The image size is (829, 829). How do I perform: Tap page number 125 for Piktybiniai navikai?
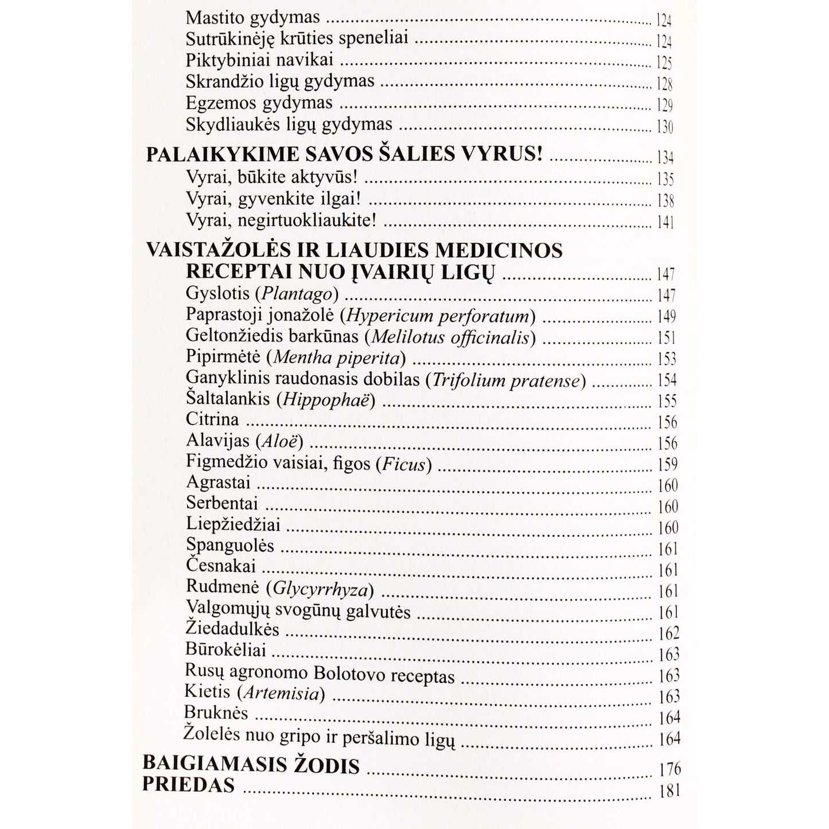664,63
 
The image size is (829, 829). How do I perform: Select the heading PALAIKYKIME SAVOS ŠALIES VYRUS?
344,155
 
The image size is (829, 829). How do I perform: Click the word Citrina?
212,419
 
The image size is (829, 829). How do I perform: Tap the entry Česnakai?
220,566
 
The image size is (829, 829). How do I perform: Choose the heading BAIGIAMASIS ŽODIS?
251,765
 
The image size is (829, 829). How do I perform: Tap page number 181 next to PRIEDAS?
670,791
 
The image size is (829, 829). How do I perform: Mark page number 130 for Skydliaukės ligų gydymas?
664,126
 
